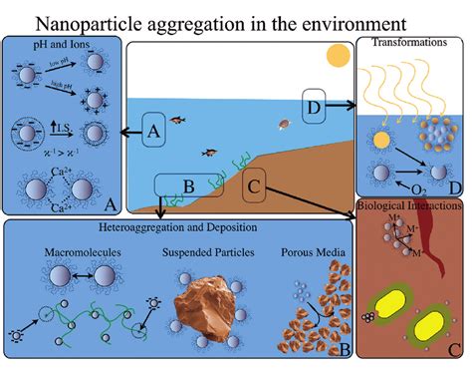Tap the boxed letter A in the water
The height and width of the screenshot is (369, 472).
click(153, 131)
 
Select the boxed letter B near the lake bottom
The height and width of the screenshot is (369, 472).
click(188, 184)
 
